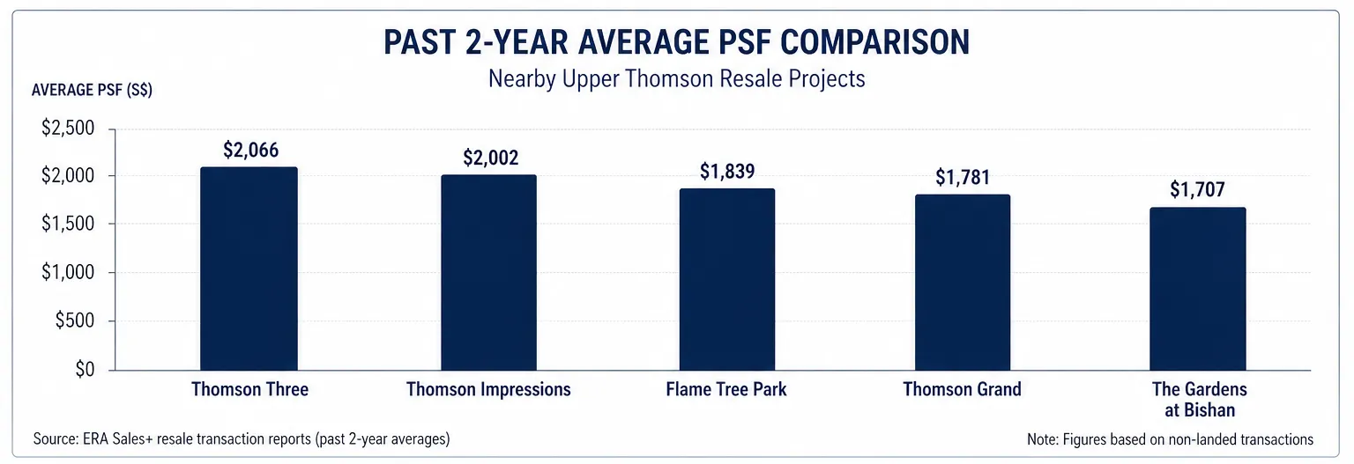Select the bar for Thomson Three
[249, 269]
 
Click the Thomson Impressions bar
[488, 272]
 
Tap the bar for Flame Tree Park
[726, 279]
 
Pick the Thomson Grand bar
[962, 282]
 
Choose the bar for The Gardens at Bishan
[1197, 289]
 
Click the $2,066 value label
[250, 151]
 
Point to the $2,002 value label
[490, 158]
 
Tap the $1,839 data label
[728, 172]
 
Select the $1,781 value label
[963, 178]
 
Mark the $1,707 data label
[1198, 189]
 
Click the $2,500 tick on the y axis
[68, 129]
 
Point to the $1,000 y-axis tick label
[68, 273]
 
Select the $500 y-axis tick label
[73, 321]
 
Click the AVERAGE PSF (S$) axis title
[92, 92]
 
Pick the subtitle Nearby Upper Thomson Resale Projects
[676, 78]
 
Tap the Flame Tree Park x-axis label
[726, 389]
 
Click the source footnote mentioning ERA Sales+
[241, 438]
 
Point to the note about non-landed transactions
[1170, 439]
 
